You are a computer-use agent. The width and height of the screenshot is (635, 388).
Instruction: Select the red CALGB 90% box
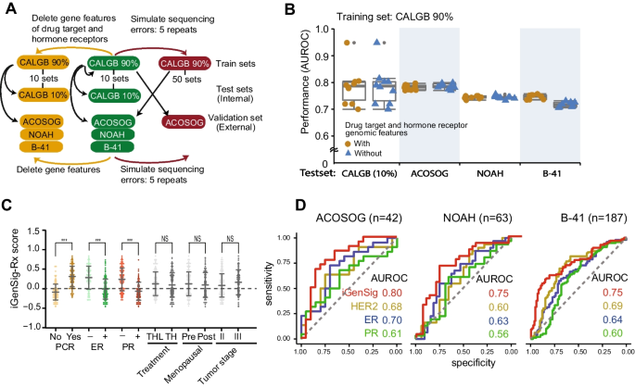184,62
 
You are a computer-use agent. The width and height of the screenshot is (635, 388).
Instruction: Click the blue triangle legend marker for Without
351,156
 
